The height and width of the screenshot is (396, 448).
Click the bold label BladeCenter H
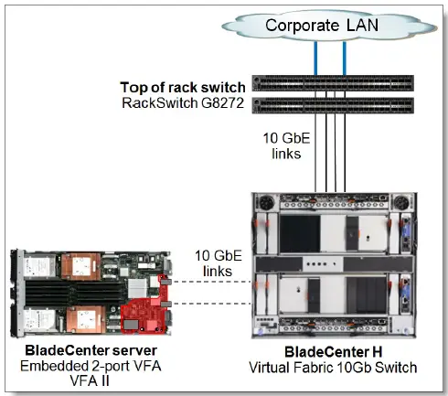(336, 352)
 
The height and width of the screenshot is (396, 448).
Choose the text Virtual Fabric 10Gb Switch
(336, 368)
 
